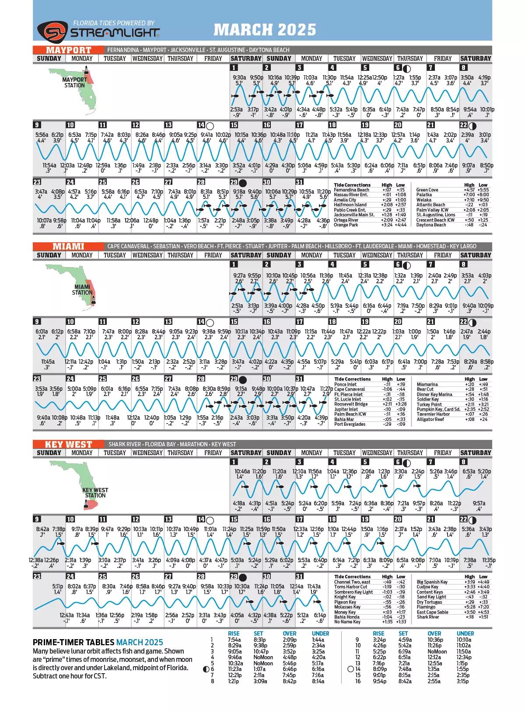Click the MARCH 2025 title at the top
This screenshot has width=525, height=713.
tap(265, 29)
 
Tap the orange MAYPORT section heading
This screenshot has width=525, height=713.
tap(69, 50)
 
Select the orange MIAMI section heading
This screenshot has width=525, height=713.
tap(69, 247)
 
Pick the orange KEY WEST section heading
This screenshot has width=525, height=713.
tap(69, 444)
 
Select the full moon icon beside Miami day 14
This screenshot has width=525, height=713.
tap(210, 323)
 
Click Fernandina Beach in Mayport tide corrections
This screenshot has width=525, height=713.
tap(351, 190)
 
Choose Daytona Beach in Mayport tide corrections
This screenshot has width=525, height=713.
tap(431, 225)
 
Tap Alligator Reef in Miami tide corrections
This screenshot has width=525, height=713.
tap(430, 419)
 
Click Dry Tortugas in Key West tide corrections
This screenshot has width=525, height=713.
tap(430, 602)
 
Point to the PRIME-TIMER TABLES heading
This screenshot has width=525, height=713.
tap(73, 642)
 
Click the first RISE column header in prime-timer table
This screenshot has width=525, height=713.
tap(234, 633)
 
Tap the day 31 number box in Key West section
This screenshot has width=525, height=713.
tap(300, 577)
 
